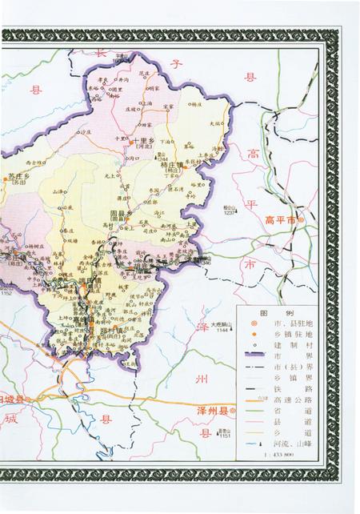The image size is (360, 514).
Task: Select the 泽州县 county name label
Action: coord(212,410)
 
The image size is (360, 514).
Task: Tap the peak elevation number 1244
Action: coord(163,160)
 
